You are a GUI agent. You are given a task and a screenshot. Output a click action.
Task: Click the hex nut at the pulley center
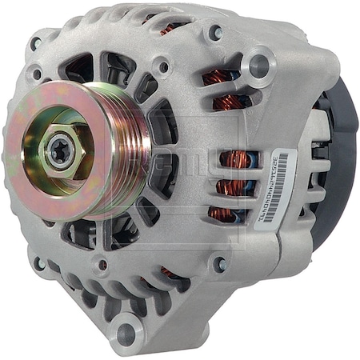[x=58, y=152]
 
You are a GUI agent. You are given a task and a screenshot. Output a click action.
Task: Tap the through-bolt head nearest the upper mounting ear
[x=215, y=34]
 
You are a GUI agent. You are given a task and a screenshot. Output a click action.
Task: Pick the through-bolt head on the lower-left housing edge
[x=38, y=261]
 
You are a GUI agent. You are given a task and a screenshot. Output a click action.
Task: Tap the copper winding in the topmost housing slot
[x=170, y=29]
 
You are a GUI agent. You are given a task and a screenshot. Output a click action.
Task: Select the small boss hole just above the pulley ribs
[x=162, y=67]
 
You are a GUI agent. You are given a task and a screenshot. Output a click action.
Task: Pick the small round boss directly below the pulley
[x=102, y=265]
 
